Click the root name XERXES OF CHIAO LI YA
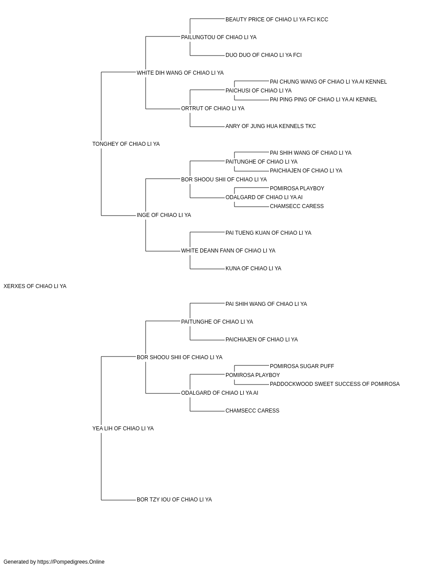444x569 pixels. point(35,286)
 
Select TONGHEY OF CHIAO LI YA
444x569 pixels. point(126,144)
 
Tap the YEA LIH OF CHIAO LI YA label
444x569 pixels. point(123,429)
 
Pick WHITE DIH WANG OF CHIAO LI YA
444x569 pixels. point(180,73)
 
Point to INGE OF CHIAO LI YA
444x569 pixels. point(164,215)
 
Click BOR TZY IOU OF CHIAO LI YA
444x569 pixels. point(174,500)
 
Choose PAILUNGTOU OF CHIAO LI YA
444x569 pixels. point(218,37)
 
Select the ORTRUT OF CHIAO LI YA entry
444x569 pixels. point(213,108)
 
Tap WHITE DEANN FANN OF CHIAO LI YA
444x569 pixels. point(228,251)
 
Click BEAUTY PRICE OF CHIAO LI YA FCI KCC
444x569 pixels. point(277,20)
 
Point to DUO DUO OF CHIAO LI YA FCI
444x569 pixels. point(264,55)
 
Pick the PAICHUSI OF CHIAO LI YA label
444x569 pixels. point(258,91)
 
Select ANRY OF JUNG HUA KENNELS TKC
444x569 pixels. point(271,126)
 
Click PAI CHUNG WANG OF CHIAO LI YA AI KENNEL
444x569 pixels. point(328,82)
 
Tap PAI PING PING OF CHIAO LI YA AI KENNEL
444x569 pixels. point(323,100)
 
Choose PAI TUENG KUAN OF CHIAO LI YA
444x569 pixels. point(268,233)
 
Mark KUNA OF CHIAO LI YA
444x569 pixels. point(253,268)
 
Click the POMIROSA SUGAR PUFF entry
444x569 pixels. point(302,366)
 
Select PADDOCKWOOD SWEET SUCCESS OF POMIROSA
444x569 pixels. point(335,384)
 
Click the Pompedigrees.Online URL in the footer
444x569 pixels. point(71,562)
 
